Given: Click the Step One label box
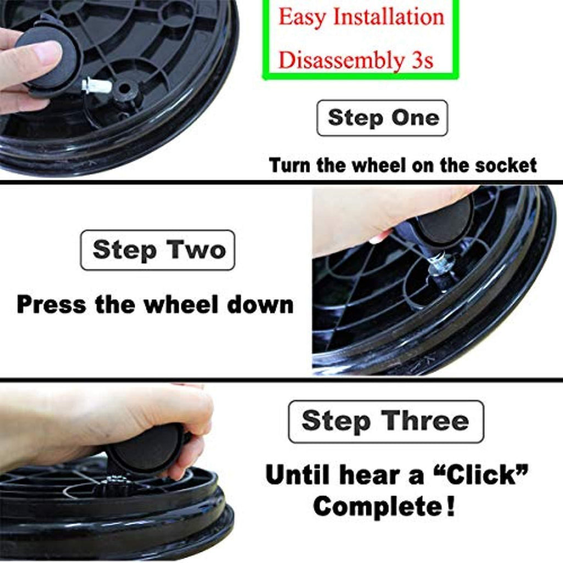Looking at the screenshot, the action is pos(382,118).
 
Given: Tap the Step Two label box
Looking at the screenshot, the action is pos(158,250).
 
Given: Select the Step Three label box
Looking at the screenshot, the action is pos(386,422).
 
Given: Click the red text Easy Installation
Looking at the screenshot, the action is pos(362,17).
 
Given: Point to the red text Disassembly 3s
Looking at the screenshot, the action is pos(356,60).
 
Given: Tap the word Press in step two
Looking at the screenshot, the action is pos(52,305).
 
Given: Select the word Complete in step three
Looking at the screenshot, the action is pos(378,506).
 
